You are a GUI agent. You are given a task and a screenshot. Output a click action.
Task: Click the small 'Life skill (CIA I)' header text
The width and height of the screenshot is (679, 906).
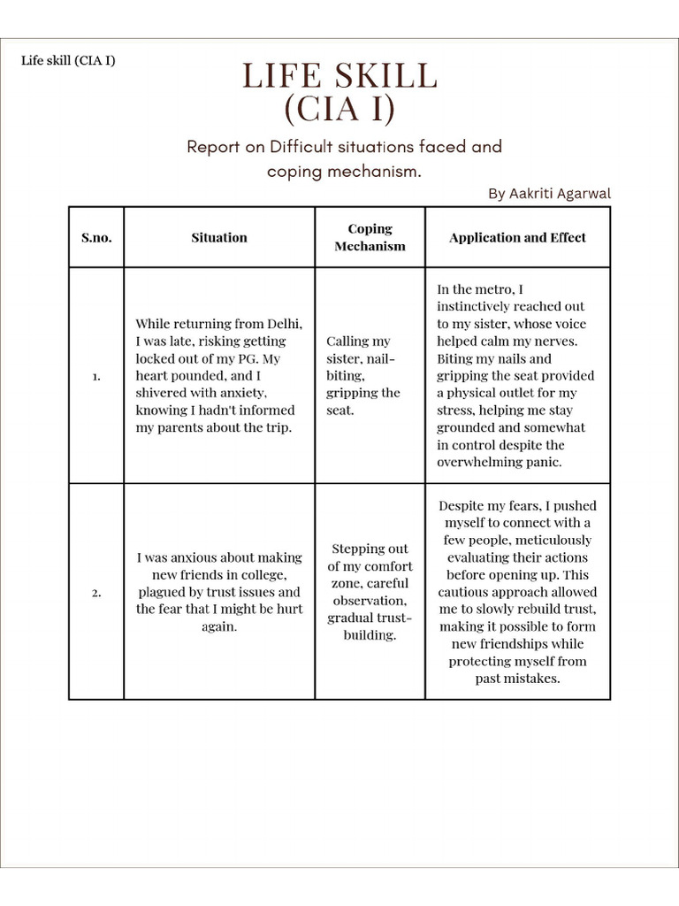click(x=68, y=61)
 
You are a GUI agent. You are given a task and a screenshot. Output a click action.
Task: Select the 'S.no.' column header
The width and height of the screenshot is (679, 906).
click(x=96, y=237)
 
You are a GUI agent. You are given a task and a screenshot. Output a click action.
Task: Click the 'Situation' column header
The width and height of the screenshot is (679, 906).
click(x=219, y=237)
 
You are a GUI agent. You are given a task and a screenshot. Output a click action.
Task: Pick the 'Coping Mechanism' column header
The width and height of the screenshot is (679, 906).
click(x=370, y=237)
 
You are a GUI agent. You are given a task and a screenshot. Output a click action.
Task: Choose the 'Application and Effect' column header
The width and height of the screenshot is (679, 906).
click(x=517, y=237)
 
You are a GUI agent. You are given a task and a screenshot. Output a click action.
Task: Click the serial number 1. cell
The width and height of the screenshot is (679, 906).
click(x=96, y=376)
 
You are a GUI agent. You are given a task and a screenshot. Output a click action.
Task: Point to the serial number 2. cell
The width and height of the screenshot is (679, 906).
click(x=96, y=593)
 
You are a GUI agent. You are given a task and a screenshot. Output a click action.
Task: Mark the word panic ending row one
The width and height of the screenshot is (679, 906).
click(x=544, y=462)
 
